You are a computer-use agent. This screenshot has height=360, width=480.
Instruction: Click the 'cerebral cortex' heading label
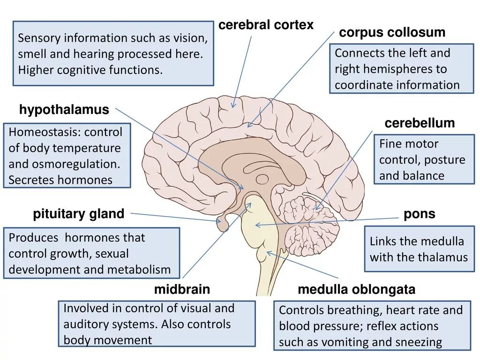tap(266, 25)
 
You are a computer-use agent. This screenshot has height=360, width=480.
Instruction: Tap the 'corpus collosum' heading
tap(392, 33)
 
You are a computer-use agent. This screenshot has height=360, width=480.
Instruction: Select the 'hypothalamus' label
tap(64, 110)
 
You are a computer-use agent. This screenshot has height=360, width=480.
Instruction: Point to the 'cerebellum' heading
tap(420, 123)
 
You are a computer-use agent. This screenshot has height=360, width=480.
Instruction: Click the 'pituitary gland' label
tap(78, 214)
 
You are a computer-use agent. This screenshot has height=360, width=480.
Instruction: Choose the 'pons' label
tap(419, 214)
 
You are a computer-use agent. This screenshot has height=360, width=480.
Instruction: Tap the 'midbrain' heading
tap(182, 290)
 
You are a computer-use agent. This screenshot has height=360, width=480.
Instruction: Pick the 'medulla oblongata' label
tap(356, 290)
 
